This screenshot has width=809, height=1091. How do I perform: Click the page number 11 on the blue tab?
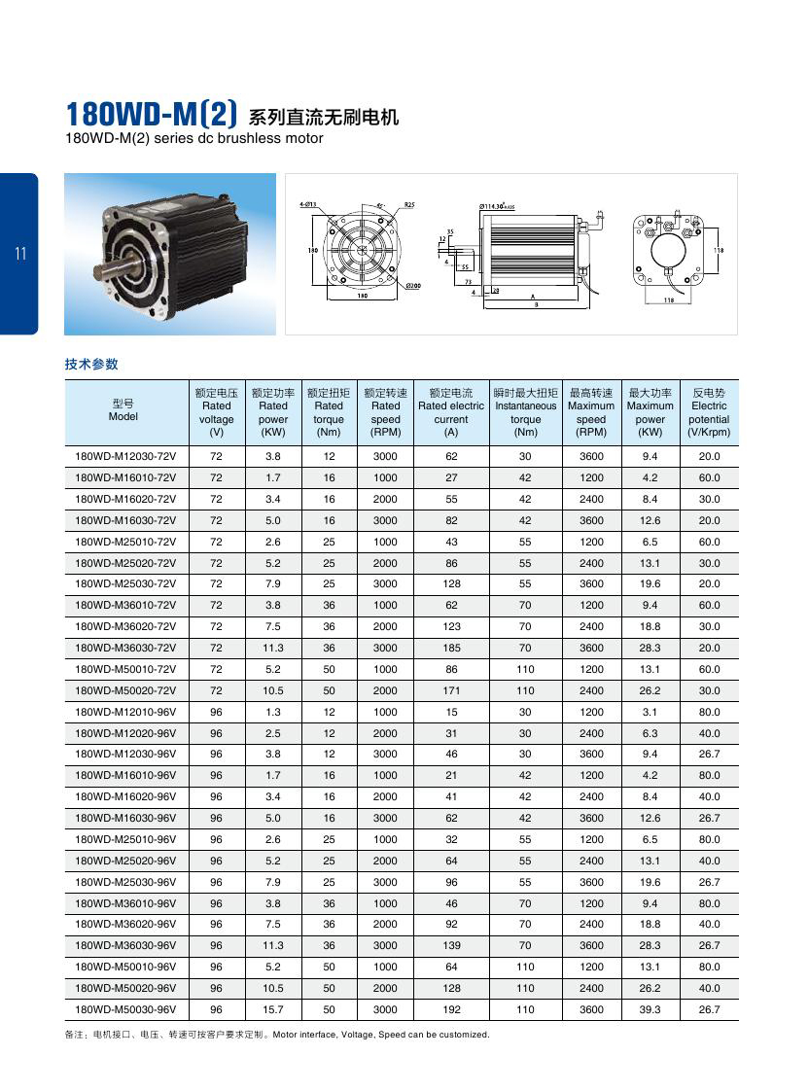(20, 255)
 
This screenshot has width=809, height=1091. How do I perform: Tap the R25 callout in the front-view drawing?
(409, 206)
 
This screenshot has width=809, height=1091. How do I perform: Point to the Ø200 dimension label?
(412, 286)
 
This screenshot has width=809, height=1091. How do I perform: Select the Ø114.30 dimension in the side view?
(510, 207)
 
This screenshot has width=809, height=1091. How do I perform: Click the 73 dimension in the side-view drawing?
(468, 281)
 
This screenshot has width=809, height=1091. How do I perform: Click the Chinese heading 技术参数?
(91, 365)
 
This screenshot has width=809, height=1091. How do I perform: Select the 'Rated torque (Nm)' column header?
(330, 412)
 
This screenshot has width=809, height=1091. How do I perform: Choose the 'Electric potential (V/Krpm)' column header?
(709, 412)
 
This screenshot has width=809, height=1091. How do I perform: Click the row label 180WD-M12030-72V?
(125, 456)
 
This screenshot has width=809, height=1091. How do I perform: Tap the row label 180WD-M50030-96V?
(125, 1009)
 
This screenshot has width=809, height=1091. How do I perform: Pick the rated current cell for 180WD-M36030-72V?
(451, 648)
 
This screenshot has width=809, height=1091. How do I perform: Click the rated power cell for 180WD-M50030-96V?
(273, 1009)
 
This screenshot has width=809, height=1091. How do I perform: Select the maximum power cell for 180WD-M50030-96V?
(650, 1009)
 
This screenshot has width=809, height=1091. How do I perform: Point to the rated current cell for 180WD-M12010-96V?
(451, 712)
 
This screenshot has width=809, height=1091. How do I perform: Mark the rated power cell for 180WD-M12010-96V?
(273, 712)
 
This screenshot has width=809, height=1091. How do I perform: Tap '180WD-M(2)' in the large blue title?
(151, 116)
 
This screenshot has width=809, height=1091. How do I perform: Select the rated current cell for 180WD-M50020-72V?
(451, 690)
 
